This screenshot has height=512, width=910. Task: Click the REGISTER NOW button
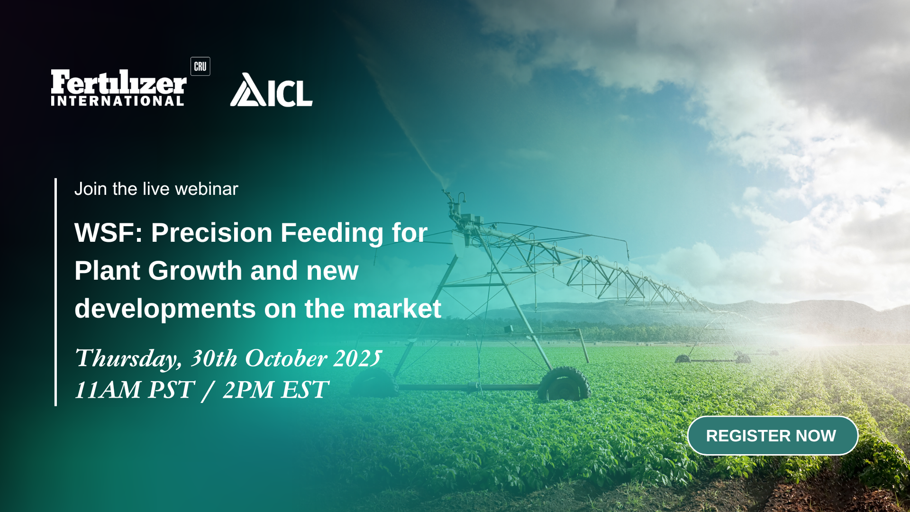click(773, 436)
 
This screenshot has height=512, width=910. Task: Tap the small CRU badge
click(200, 66)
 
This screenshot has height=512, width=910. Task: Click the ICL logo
click(271, 90)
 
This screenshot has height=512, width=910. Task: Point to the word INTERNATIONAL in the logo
click(118, 101)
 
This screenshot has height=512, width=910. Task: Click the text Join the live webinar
click(156, 189)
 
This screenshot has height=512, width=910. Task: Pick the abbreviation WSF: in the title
click(109, 233)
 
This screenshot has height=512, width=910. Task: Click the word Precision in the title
click(211, 233)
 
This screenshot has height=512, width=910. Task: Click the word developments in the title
click(165, 310)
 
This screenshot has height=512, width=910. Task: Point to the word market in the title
click(397, 309)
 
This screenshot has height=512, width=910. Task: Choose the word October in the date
click(286, 358)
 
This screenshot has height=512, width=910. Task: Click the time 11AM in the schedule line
click(108, 390)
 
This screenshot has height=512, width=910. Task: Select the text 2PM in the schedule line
click(248, 390)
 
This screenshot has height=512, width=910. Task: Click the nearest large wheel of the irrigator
click(564, 384)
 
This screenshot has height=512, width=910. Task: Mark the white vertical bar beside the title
click(56, 292)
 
